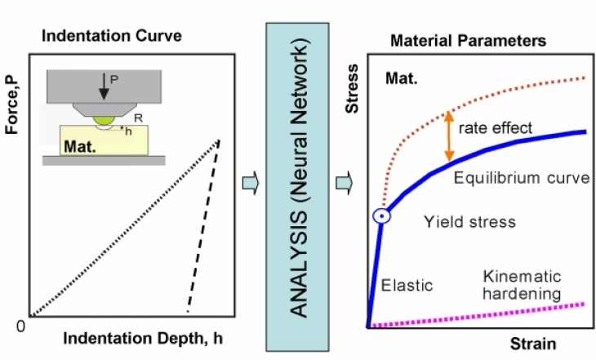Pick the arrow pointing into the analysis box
tap(251, 183)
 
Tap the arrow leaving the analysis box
tap(346, 183)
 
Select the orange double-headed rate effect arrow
tap(448, 134)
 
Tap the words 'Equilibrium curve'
tap(521, 178)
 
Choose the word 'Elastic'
tap(406, 285)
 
